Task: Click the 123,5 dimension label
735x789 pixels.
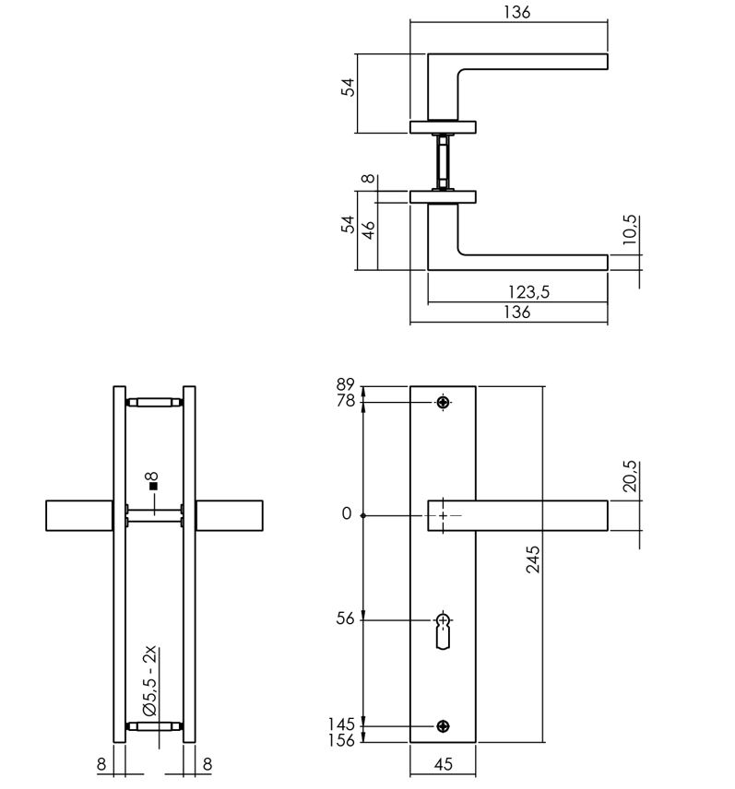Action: click(x=529, y=293)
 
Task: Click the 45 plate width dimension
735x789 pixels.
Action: click(x=443, y=763)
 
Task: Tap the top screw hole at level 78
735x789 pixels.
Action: click(x=444, y=402)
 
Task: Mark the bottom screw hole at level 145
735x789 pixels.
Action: click(x=444, y=726)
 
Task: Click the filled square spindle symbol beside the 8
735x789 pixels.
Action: click(x=154, y=486)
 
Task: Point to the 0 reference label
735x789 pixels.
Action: click(x=347, y=514)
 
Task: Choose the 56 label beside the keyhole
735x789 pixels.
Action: click(x=343, y=619)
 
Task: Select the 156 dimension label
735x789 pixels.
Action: click(x=340, y=740)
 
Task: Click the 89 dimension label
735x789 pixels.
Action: click(x=345, y=385)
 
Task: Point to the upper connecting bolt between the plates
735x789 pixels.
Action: click(x=154, y=402)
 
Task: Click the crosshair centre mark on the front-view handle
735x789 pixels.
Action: click(x=444, y=515)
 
